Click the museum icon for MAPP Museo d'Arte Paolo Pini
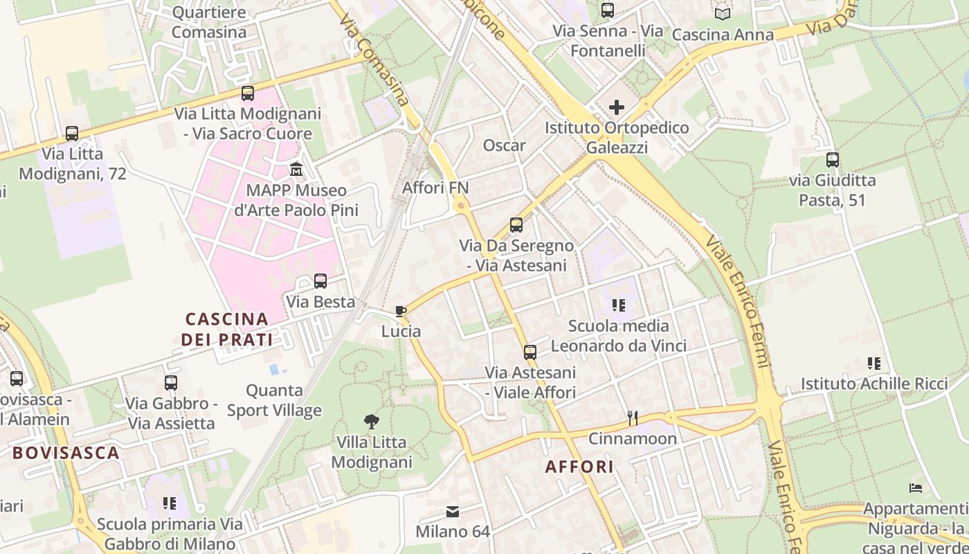296,169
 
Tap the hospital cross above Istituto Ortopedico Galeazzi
616,107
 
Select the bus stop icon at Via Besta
320,281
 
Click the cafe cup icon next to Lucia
400,311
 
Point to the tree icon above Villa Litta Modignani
372,421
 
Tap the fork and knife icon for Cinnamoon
632,418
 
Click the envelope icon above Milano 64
453,512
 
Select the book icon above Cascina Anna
722,14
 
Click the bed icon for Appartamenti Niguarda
916,489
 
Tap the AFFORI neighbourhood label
579,467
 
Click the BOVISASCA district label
66,454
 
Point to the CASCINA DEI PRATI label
227,330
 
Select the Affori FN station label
435,188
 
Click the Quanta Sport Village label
275,400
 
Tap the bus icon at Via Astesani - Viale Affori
530,352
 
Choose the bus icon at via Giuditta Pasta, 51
832,160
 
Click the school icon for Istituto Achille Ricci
873,363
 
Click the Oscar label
504,145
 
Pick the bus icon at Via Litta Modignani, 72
72,134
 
